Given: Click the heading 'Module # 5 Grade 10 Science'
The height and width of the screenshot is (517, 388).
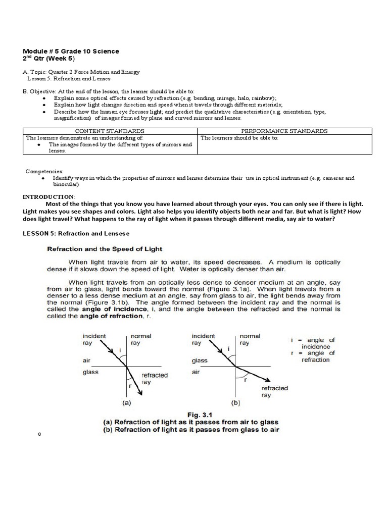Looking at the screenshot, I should point(71,51).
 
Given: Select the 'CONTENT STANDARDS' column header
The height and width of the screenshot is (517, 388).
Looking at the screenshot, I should point(110,131).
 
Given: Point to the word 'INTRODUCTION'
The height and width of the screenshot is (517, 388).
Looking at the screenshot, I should point(48,196).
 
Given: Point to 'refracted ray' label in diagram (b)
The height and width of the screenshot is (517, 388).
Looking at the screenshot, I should point(274,391).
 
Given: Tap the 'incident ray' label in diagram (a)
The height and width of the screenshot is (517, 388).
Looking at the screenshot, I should point(93,339).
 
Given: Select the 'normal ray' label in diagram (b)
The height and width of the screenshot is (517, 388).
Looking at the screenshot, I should point(250,339).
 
